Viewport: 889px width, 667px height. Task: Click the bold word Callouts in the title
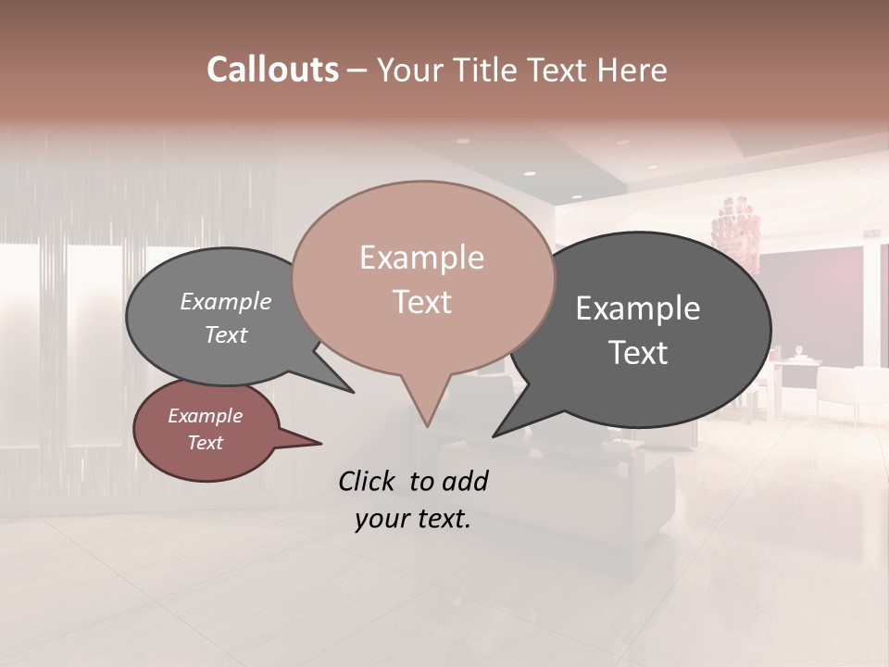click(x=272, y=70)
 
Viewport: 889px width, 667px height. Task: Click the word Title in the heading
click(x=488, y=70)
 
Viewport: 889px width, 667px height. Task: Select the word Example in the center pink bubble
click(x=421, y=258)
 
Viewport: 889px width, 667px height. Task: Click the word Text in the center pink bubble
click(x=421, y=302)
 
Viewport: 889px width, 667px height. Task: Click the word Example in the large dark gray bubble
click(x=638, y=308)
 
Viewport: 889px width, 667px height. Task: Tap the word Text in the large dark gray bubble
click(x=638, y=353)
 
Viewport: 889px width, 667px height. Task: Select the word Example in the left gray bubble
click(x=226, y=302)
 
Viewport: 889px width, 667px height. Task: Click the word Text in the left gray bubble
click(x=226, y=334)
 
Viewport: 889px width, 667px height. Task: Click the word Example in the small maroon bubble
click(x=206, y=416)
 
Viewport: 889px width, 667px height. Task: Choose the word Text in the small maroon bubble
click(x=206, y=443)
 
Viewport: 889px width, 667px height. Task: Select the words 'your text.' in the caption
click(x=413, y=519)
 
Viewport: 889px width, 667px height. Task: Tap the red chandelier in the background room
click(x=735, y=227)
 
